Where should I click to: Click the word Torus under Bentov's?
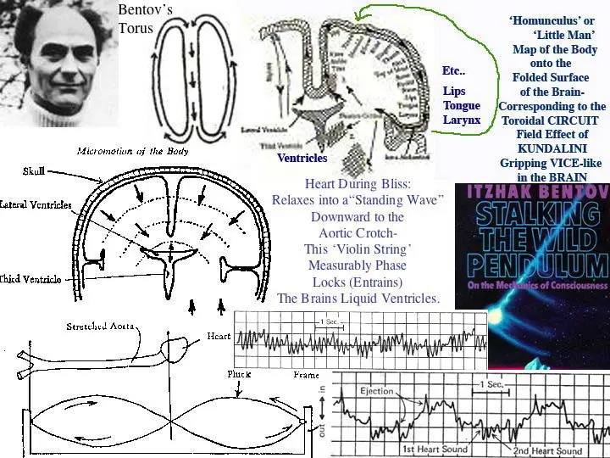click(136, 27)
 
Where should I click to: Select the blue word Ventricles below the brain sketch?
click(302, 158)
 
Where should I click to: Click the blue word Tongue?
click(461, 105)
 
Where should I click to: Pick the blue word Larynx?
click(461, 120)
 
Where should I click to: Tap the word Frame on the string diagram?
click(306, 374)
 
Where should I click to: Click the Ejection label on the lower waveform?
click(376, 391)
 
